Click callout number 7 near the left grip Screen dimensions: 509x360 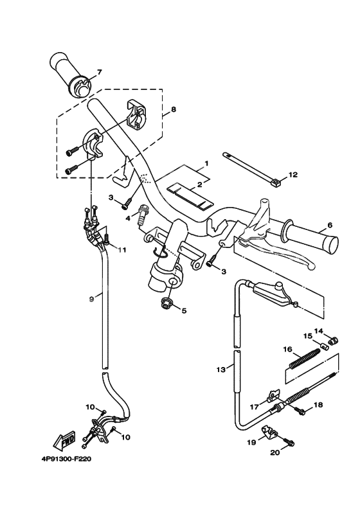[x=100, y=72]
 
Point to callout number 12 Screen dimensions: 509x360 [x=293, y=174]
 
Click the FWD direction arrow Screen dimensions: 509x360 [x=65, y=442]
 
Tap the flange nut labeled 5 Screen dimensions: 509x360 [x=165, y=303]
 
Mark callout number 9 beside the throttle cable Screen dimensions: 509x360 [x=91, y=298]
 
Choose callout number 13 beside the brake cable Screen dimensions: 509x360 [x=221, y=370]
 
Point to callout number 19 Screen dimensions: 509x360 [x=251, y=443]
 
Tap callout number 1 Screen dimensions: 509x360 [x=206, y=164]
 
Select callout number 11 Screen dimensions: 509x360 [x=122, y=249]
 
